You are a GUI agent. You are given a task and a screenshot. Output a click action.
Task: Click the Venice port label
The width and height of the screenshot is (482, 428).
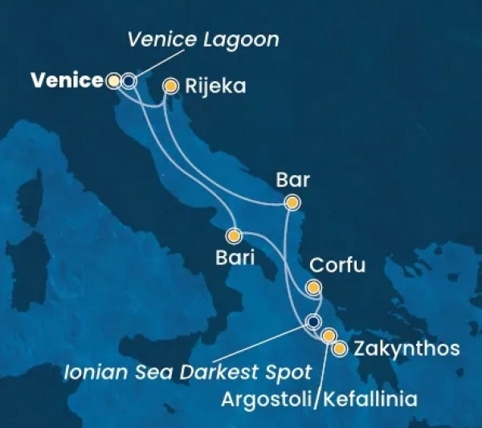click(67, 80)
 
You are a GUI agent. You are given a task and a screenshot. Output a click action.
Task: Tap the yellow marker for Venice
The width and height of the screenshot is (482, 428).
click(114, 80)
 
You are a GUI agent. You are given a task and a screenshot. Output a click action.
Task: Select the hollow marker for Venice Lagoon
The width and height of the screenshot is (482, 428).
click(128, 80)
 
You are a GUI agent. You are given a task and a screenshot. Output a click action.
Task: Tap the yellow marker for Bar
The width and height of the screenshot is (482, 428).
click(293, 203)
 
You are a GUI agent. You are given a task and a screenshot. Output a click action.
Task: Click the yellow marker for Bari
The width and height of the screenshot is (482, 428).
click(234, 236)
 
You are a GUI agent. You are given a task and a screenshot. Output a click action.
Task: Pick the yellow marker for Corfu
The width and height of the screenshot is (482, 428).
click(314, 287)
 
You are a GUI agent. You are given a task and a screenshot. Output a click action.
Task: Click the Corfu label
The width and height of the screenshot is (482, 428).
click(337, 266)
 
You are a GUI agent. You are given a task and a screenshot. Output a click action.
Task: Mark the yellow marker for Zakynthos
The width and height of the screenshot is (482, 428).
click(340, 349)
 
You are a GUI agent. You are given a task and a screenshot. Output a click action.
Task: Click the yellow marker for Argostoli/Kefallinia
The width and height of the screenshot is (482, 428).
click(328, 335)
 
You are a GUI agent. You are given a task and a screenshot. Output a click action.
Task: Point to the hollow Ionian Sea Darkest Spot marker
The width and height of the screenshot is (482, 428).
click(313, 324)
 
